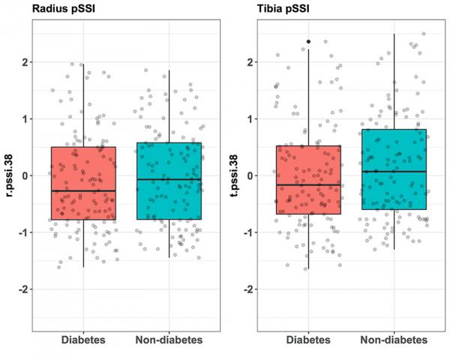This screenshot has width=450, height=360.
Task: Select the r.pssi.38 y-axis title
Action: pos(8,175)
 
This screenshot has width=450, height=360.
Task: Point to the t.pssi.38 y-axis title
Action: pos(231,175)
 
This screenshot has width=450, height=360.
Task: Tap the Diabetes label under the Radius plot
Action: pos(83,340)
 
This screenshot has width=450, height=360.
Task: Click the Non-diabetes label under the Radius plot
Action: pos(169,340)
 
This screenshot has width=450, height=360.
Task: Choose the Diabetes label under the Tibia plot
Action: pos(308,340)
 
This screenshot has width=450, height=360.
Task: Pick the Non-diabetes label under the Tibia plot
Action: pos(394,340)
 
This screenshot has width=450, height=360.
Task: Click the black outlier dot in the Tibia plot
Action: pos(308,42)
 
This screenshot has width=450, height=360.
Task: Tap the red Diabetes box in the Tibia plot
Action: pos(308,165)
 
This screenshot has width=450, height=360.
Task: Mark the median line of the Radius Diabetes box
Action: pos(83,191)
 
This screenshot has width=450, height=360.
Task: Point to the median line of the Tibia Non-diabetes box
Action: pos(394,172)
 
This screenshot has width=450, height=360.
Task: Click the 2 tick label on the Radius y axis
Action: pos(25,62)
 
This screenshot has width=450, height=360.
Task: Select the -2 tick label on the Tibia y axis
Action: pos(247,289)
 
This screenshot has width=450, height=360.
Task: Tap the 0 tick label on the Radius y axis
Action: pos(25,175)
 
